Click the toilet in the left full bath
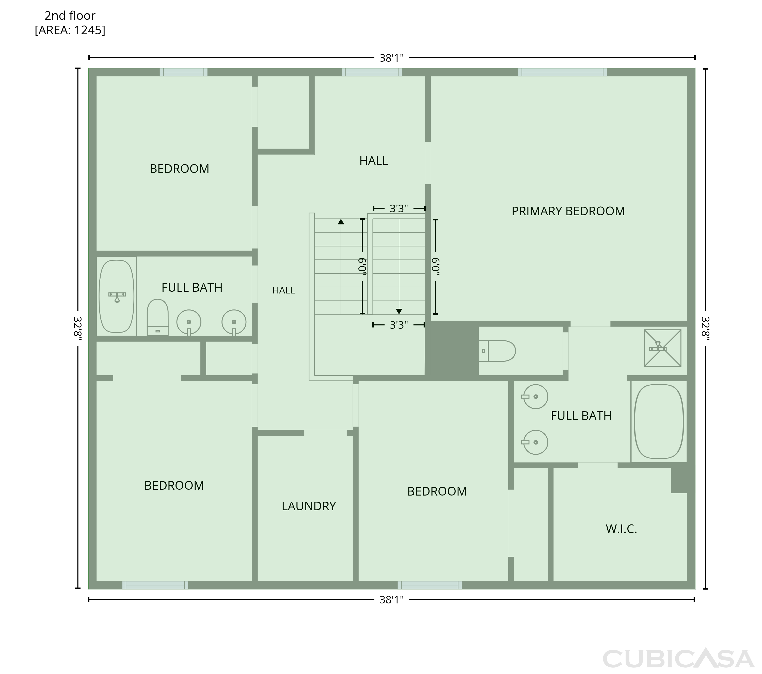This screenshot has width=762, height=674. [157, 317]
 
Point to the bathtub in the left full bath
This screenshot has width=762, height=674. [117, 296]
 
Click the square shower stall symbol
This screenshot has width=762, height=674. [662, 348]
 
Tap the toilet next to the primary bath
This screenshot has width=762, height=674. [497, 351]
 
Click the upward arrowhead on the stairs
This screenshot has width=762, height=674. [341, 222]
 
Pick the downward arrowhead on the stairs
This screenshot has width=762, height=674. [399, 311]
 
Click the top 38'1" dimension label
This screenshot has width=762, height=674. [391, 58]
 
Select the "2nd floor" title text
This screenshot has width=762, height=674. [70, 16]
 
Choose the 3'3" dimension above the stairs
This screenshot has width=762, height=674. [399, 208]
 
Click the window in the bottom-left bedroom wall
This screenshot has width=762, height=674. [155, 585]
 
